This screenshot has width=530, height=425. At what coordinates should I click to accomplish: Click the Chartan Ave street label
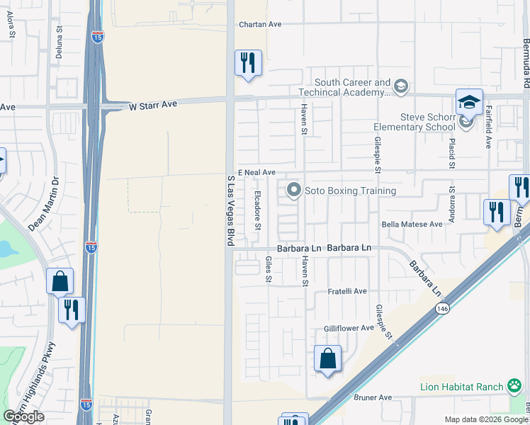pyautogui.click(x=260, y=24)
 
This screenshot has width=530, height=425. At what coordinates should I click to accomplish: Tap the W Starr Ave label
pyautogui.click(x=152, y=106)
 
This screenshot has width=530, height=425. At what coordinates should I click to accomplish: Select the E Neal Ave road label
pyautogui.click(x=256, y=172)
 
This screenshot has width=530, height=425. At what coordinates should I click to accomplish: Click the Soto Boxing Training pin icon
pyautogui.click(x=293, y=190)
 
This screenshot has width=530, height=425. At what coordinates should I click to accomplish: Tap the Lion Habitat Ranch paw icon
pyautogui.click(x=514, y=386)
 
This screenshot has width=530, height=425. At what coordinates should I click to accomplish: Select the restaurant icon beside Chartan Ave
pyautogui.click(x=248, y=63)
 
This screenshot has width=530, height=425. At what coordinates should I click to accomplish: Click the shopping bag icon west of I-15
pyautogui.click(x=60, y=281)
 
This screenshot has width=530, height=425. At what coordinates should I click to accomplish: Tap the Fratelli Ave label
pyautogui.click(x=346, y=291)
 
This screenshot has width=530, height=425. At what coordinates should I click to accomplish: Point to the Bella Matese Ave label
pyautogui.click(x=412, y=224)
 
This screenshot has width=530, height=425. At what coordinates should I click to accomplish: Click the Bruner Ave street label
pyautogui.click(x=373, y=398)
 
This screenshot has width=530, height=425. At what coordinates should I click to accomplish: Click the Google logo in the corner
pyautogui.click(x=24, y=416)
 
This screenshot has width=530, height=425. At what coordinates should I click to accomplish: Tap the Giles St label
pyautogui.click(x=269, y=268)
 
